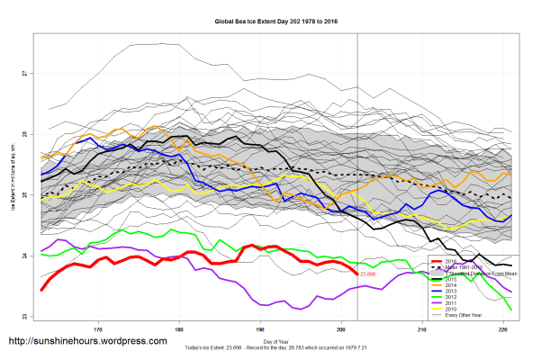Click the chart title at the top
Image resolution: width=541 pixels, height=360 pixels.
pos(270,19)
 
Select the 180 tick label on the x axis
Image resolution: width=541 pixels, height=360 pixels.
pos(179,327)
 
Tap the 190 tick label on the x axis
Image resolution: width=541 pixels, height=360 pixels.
pos(260,327)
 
